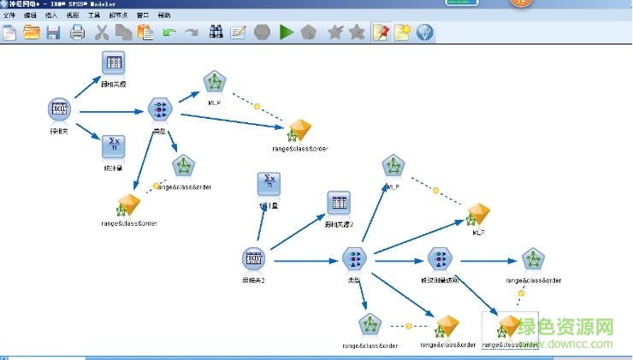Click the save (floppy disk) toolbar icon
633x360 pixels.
pos(53,32)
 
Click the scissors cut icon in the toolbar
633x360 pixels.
pos(101,32)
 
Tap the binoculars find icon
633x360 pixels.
pos(216,32)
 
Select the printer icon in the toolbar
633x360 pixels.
pos(77,32)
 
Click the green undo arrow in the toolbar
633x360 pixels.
pos(169,32)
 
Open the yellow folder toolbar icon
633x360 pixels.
pos(32,32)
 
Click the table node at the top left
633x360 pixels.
pos(114,63)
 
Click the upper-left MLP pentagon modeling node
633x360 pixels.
pos(214,83)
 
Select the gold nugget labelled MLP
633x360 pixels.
pos(478,213)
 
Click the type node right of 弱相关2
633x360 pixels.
pos(353,258)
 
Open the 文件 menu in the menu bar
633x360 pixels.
pos(10,15)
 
